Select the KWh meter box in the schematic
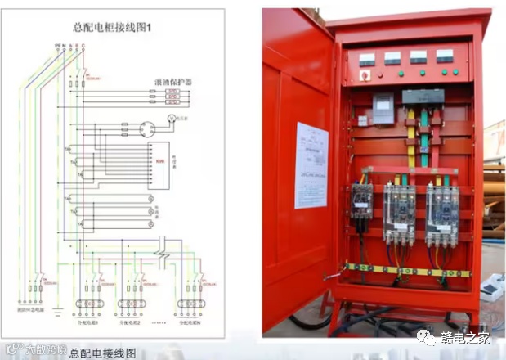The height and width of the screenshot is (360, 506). [x=160, y=160]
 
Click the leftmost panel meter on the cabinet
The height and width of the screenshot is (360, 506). [x=367, y=59]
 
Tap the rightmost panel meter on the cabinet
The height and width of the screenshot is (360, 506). [x=445, y=56]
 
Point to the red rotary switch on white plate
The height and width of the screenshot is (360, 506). [x=364, y=76]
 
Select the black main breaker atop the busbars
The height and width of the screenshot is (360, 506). [x=423, y=96]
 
